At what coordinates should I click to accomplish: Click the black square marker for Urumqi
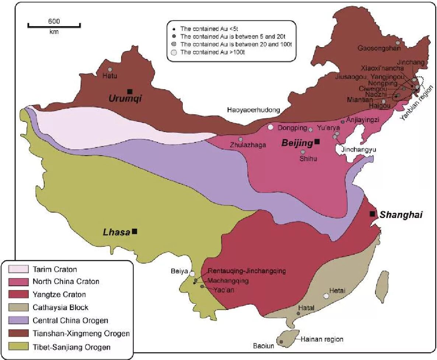click(129, 91)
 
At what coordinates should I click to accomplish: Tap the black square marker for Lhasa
click(135, 231)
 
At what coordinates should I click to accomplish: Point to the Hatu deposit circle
click(109, 69)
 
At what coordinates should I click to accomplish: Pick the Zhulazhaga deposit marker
click(241, 139)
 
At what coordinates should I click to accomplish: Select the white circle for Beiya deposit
click(192, 273)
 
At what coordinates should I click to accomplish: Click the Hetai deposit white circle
click(326, 296)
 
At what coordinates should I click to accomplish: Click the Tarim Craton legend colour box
click(18, 269)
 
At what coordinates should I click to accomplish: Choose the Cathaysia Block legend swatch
click(18, 307)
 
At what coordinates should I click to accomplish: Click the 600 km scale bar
click(54, 26)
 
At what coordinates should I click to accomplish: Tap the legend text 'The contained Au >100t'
click(213, 52)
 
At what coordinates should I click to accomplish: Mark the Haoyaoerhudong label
click(254, 110)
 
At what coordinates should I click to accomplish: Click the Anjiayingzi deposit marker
click(343, 121)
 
